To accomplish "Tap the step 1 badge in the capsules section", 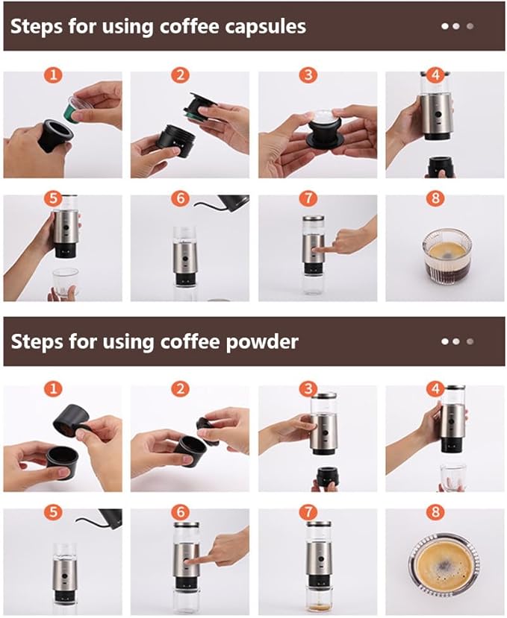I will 52,75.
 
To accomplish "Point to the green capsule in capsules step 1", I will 73,109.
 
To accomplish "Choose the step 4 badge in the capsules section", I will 435,75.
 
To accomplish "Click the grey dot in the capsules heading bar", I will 470,26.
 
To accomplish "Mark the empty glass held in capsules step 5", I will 65,282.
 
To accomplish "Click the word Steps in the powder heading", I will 37,341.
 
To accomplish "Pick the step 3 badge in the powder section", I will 307,388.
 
